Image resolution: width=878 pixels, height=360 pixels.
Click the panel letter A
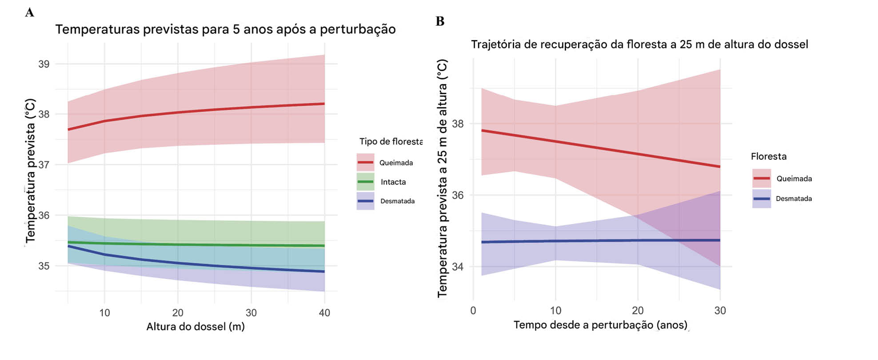click(29, 12)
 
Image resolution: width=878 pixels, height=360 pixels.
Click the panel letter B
click(440, 21)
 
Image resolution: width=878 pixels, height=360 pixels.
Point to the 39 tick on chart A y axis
click(44, 64)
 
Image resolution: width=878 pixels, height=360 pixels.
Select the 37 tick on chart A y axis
click(44, 165)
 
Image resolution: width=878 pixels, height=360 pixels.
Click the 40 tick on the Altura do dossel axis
click(324, 313)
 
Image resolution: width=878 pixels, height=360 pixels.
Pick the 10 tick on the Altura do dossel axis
click(104, 313)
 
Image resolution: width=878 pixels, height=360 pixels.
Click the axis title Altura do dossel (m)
click(196, 327)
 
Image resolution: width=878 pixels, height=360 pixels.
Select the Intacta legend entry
click(393, 182)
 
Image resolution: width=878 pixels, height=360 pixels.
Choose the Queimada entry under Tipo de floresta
click(395, 163)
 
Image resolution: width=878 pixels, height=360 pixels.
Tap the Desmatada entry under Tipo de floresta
click(397, 201)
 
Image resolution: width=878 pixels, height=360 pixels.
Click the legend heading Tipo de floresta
click(391, 141)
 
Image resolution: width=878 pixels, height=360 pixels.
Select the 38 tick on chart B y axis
click(458, 124)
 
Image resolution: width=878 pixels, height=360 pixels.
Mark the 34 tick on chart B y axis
click(458, 267)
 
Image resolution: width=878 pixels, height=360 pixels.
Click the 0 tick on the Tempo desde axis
click(473, 311)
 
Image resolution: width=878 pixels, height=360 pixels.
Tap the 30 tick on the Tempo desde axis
click(720, 311)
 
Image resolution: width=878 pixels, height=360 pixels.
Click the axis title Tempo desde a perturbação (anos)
click(600, 325)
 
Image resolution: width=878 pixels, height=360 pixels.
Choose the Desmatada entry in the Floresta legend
click(794, 199)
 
